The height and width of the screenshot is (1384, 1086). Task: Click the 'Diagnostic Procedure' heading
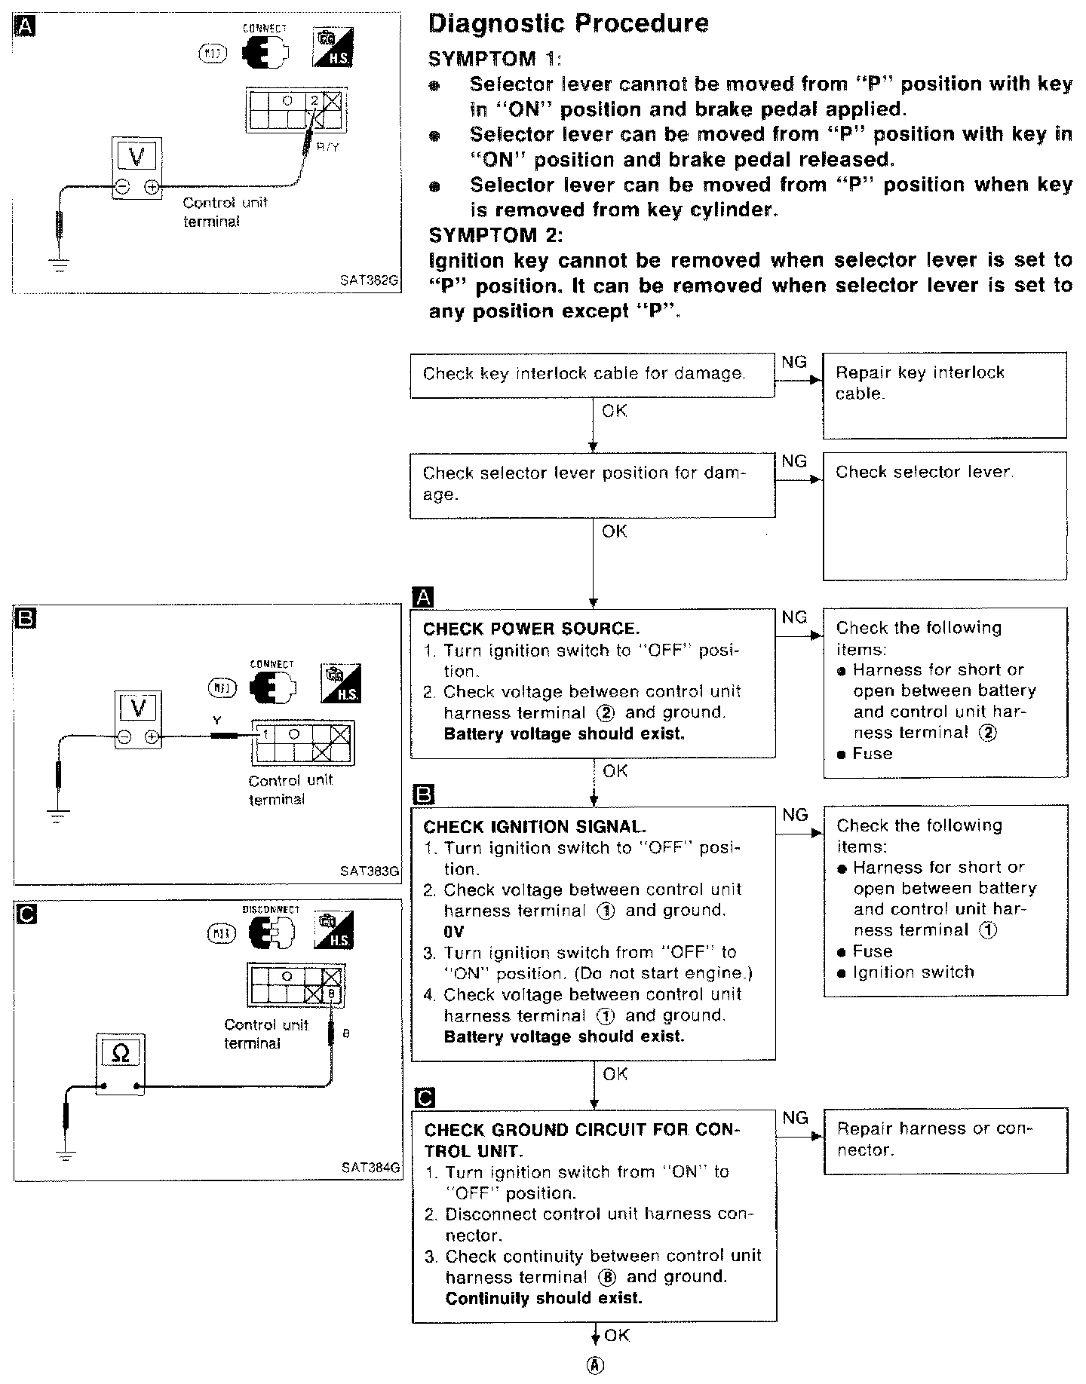(x=568, y=23)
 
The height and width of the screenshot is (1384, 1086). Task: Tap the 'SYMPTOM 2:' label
(x=495, y=235)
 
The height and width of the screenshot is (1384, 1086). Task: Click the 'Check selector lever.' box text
(x=925, y=472)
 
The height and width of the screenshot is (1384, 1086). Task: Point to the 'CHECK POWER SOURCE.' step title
(x=531, y=629)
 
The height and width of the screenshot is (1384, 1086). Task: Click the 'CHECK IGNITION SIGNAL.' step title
(x=535, y=827)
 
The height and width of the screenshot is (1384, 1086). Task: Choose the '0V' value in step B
(x=454, y=931)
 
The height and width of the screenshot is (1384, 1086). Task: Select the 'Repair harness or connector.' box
(x=934, y=1139)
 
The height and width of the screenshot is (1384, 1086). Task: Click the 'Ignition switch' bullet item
(x=913, y=972)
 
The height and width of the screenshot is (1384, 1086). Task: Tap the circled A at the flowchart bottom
(x=596, y=1365)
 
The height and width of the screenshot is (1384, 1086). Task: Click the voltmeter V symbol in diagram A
(x=137, y=157)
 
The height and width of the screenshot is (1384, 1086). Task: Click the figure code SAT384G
(x=370, y=1168)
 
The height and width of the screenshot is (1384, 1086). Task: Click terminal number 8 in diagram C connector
(x=333, y=994)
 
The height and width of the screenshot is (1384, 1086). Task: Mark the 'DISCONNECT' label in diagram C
(x=271, y=910)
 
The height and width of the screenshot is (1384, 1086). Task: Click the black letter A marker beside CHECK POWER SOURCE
(x=424, y=598)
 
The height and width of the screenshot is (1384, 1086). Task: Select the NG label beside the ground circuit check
(x=796, y=1118)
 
